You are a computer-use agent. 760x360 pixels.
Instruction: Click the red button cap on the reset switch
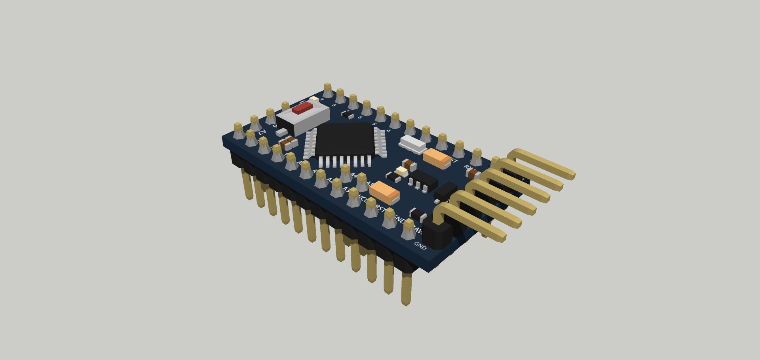tap(303, 108)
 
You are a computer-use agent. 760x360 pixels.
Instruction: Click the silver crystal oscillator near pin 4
tap(413, 144)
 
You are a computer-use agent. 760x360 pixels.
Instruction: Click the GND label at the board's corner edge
tap(420, 246)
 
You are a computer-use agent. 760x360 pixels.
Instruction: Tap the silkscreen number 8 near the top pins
tap(334, 105)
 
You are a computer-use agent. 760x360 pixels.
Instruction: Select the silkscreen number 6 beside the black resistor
tap(360, 117)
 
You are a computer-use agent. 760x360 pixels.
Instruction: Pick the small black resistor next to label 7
tap(347, 115)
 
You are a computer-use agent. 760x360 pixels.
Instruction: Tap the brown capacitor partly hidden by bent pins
tap(472, 173)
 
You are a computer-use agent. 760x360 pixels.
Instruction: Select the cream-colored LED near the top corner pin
tap(314, 98)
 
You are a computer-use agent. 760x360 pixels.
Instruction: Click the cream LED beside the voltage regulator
tap(401, 171)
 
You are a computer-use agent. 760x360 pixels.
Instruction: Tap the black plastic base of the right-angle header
tap(437, 236)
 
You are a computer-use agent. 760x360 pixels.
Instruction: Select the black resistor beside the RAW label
tap(418, 215)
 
